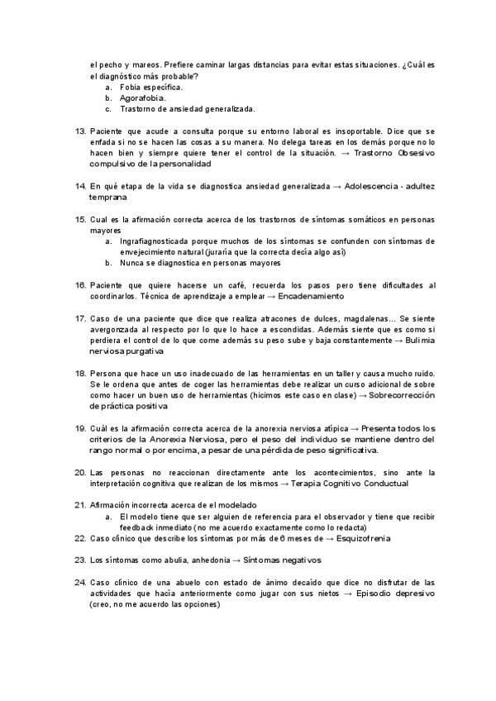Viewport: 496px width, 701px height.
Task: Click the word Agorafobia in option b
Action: click(x=143, y=98)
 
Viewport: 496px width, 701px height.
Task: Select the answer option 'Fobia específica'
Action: click(x=151, y=87)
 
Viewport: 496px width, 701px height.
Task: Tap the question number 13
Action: click(x=80, y=131)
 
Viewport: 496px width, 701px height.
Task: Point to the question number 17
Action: click(x=80, y=317)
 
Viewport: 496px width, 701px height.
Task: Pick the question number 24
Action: click(x=80, y=582)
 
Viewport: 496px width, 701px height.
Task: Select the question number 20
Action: click(x=80, y=472)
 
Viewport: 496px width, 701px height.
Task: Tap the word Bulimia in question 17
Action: click(x=418, y=340)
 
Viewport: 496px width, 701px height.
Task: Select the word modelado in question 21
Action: click(x=236, y=505)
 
